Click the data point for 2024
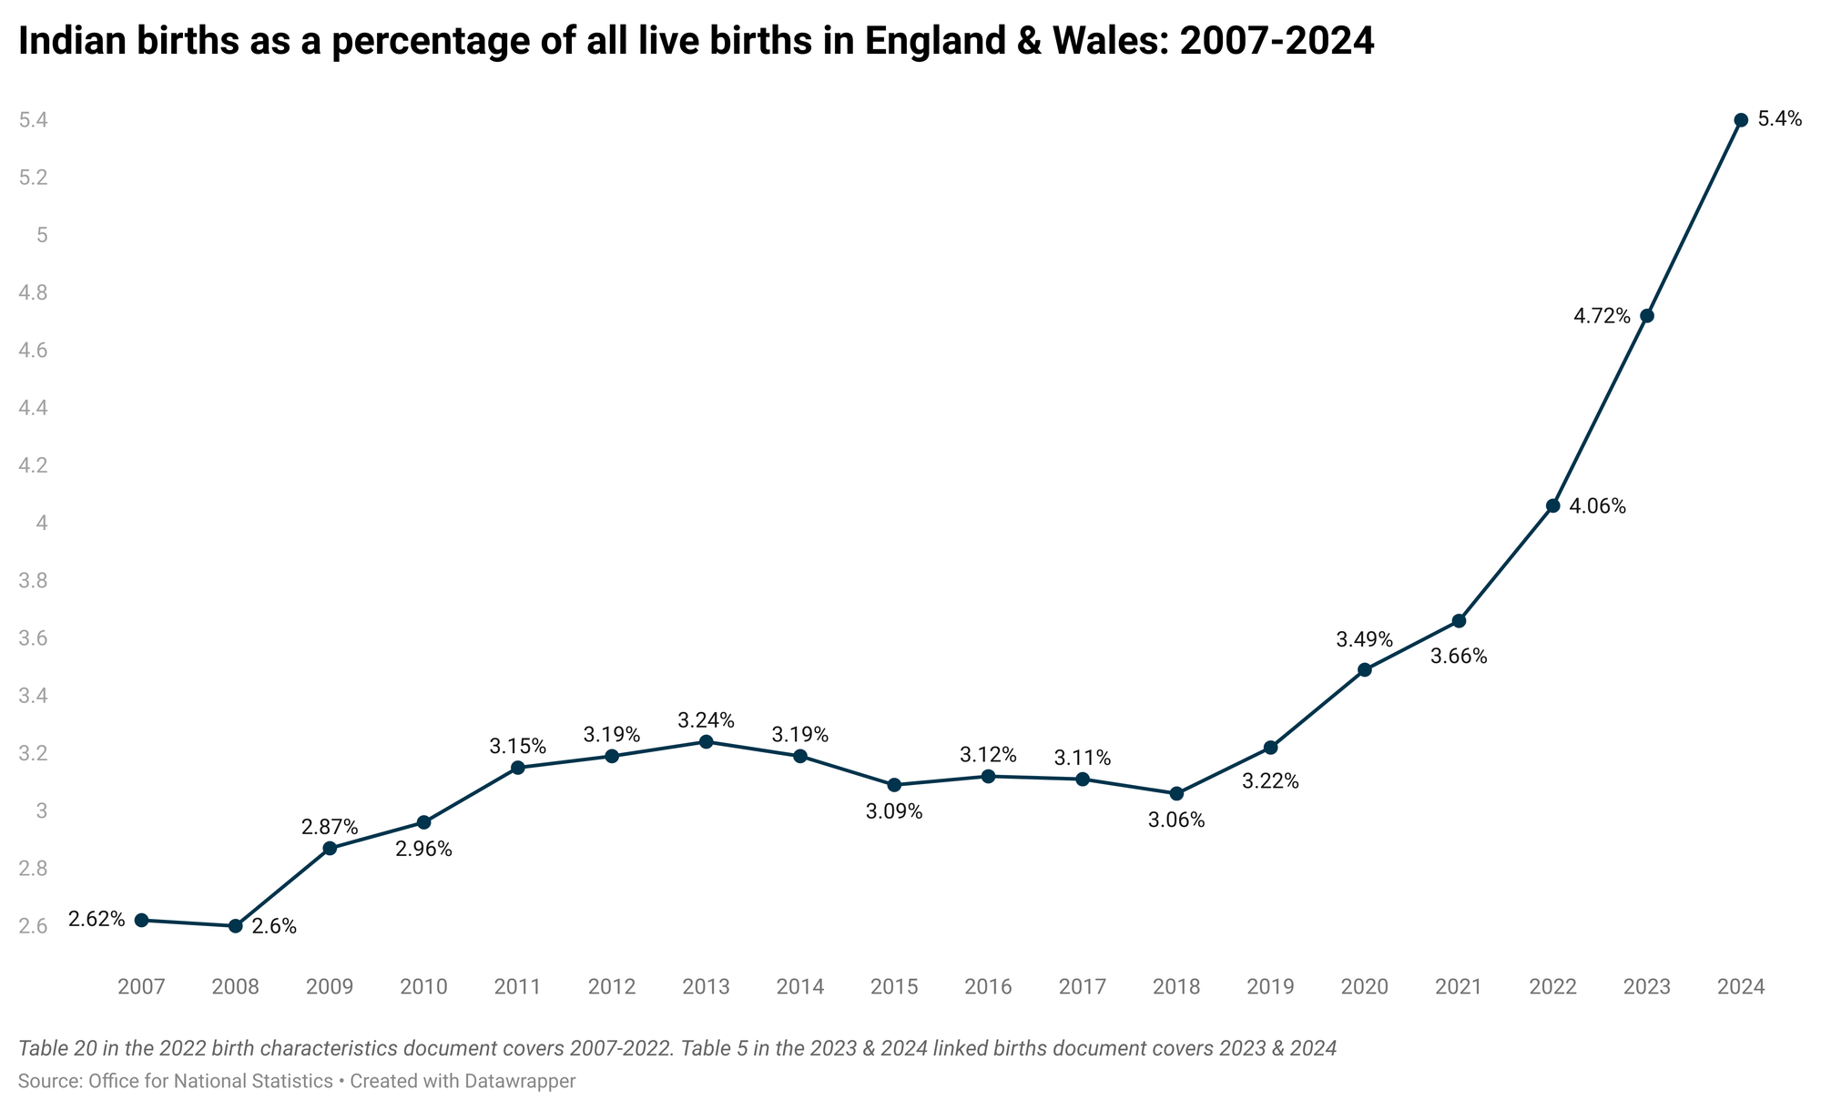pyautogui.click(x=1741, y=120)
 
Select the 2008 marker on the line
pyautogui.click(x=235, y=926)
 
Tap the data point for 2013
pyautogui.click(x=706, y=741)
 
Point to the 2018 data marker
pyautogui.click(x=1176, y=793)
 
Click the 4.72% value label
pyautogui.click(x=1602, y=317)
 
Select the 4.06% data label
pyautogui.click(x=1598, y=507)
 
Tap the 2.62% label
pyautogui.click(x=97, y=920)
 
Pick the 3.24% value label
pyautogui.click(x=706, y=721)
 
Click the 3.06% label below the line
pyautogui.click(x=1176, y=821)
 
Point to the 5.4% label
pyautogui.click(x=1780, y=118)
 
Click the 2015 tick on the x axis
pyautogui.click(x=894, y=987)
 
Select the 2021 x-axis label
pyautogui.click(x=1459, y=987)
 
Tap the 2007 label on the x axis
pyautogui.click(x=141, y=987)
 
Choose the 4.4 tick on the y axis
pyautogui.click(x=33, y=408)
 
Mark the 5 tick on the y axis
pyautogui.click(x=41, y=235)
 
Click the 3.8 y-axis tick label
pyautogui.click(x=33, y=581)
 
